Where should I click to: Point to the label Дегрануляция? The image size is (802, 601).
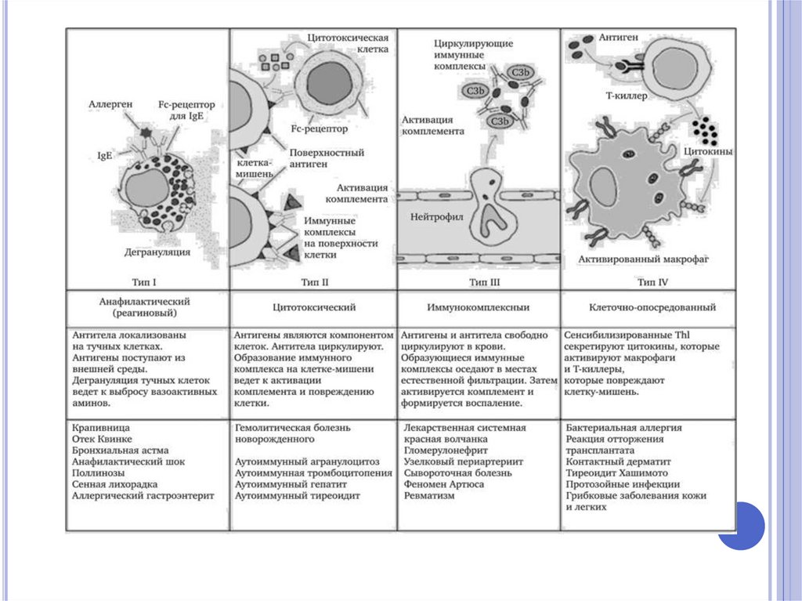pos(158,252)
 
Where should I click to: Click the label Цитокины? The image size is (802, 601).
pos(709,151)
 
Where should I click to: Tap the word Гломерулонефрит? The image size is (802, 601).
pos(446,451)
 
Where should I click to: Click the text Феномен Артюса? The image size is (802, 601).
pos(443,484)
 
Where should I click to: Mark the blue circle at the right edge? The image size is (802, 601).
pos(740,526)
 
